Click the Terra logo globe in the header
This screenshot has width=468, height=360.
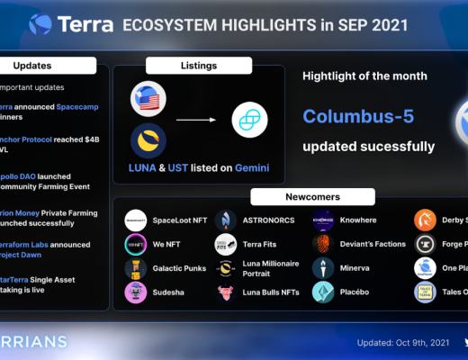(40, 24)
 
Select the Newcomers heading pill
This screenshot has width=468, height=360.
(301, 196)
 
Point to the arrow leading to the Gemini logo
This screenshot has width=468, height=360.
(199, 120)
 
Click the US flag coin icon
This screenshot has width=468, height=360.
(148, 98)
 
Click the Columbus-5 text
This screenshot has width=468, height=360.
(357, 117)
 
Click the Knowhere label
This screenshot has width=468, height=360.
(358, 220)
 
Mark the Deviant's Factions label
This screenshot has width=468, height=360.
(373, 244)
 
